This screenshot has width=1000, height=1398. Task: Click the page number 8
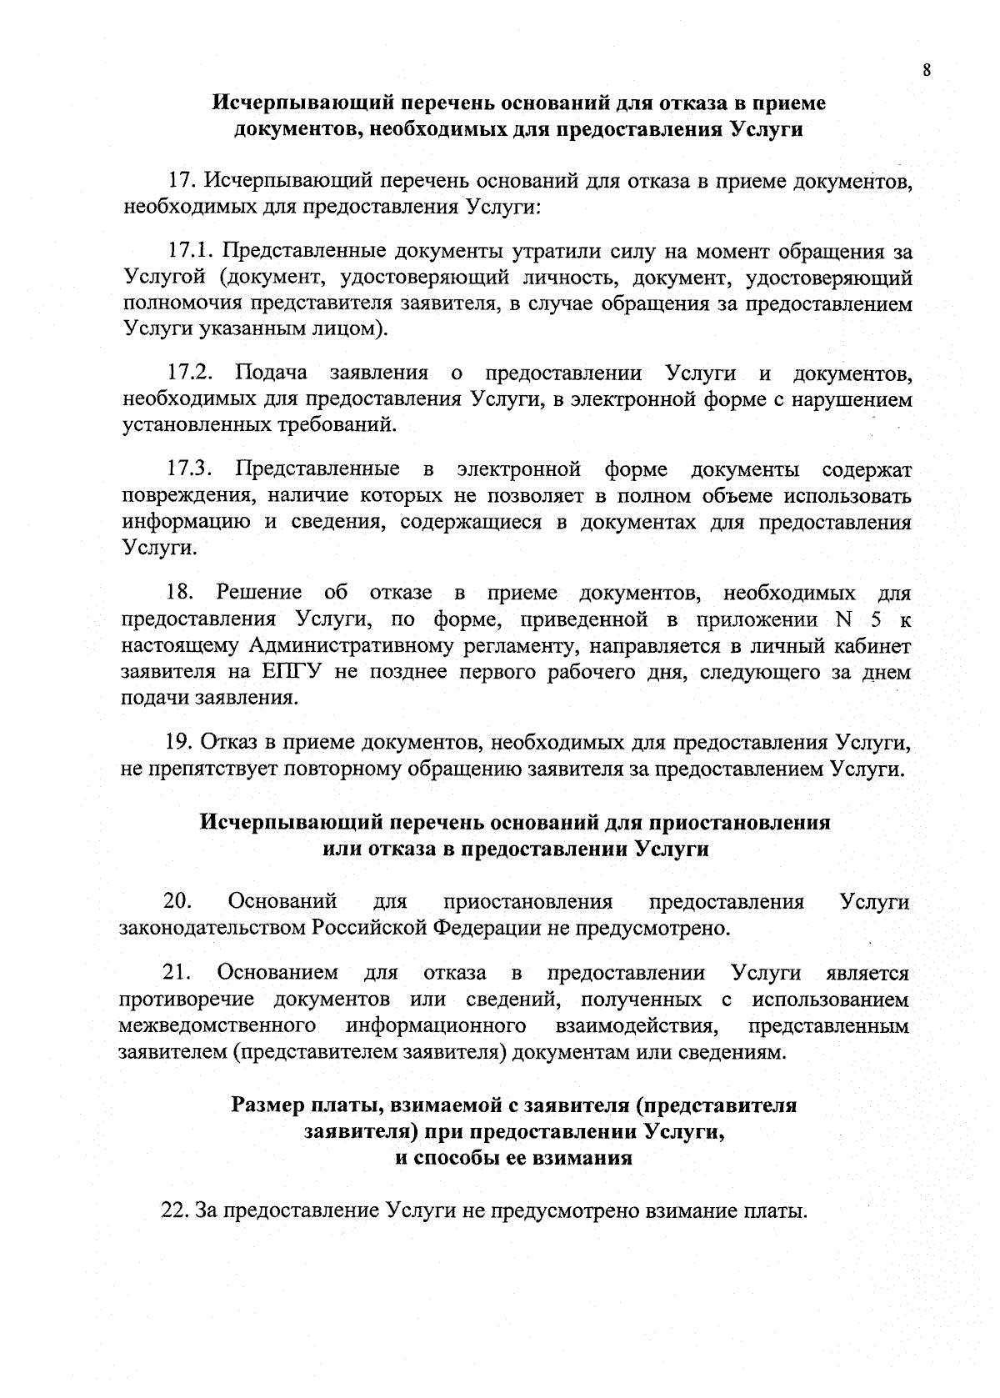pos(926,70)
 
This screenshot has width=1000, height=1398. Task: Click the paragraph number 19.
pos(178,742)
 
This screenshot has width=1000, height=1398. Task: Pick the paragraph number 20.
pos(178,901)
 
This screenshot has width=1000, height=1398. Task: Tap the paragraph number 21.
pos(177,973)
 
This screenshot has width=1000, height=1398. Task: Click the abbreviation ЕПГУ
pos(295,672)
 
